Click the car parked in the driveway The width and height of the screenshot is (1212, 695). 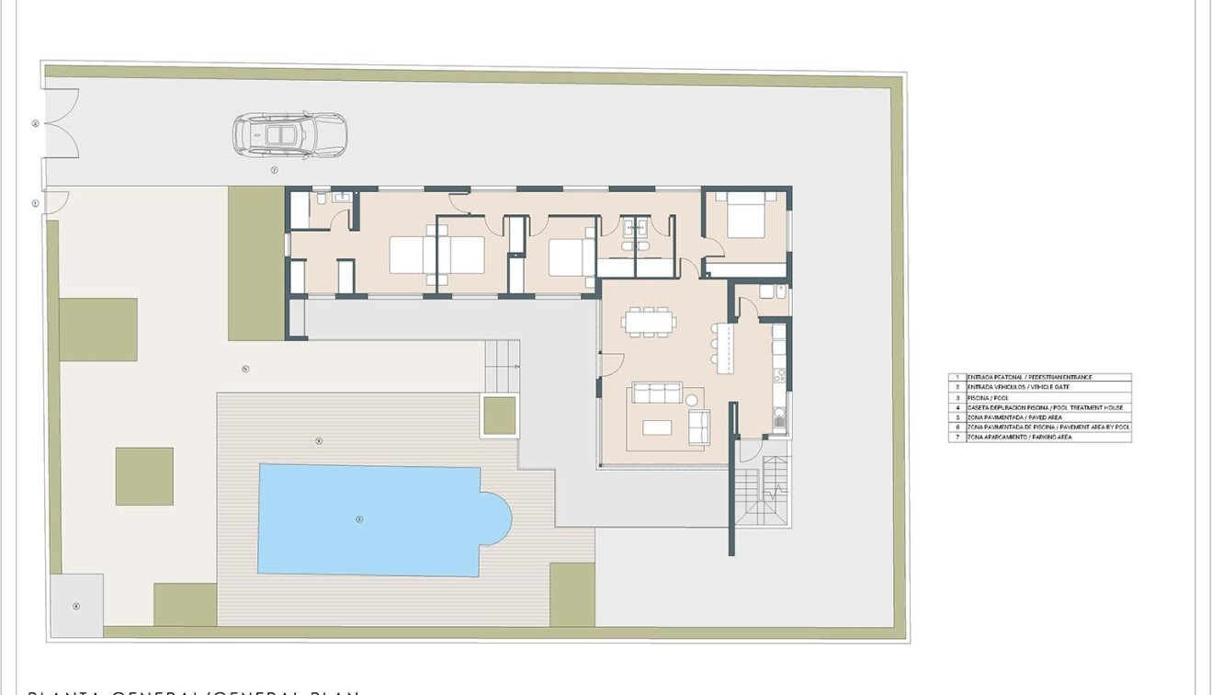tap(289, 135)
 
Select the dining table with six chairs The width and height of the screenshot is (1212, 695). tap(649, 322)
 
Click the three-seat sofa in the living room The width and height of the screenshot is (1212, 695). tap(655, 393)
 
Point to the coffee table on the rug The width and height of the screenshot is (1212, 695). tap(656, 427)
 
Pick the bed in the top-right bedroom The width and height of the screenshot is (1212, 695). tap(745, 215)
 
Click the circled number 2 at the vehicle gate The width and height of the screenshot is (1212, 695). tap(35, 123)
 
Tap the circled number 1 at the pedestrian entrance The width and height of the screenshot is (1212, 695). tap(35, 203)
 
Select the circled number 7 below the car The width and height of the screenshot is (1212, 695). tap(274, 170)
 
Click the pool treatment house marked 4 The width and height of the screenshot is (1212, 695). tap(76, 606)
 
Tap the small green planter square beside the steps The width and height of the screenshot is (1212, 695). tap(499, 416)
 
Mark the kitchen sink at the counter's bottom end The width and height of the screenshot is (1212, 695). tap(779, 421)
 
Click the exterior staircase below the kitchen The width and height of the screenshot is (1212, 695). tap(763, 494)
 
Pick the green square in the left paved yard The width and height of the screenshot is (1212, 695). tap(144, 476)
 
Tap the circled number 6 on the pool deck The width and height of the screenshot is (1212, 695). tap(319, 441)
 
